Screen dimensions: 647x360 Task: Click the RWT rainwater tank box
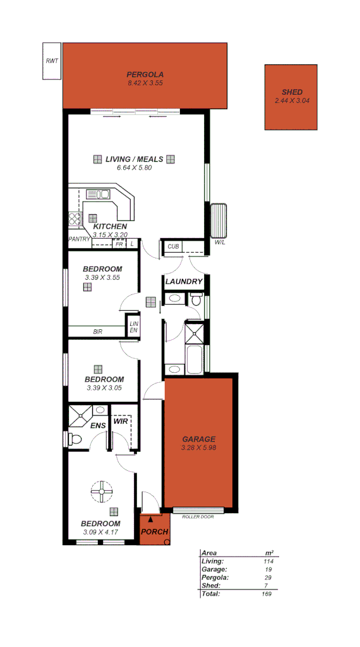point(52,61)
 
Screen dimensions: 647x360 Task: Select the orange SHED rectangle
point(291,97)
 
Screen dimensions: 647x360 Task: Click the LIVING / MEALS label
point(134,159)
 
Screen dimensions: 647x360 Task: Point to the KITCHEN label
point(110,226)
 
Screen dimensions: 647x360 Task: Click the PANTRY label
point(79,239)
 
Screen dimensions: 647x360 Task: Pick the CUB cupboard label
point(172,246)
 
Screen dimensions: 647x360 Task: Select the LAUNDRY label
point(184,281)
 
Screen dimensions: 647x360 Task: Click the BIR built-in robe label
point(98,331)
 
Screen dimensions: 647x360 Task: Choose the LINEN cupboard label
point(134,327)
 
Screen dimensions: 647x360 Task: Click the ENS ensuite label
point(97,425)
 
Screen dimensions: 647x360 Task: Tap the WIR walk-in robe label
point(121,421)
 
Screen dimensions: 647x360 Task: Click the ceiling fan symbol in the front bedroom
point(101,491)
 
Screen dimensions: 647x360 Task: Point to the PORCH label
point(154,531)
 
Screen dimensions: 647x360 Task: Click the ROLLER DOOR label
point(198,517)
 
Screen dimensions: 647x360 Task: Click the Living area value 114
point(268,561)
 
